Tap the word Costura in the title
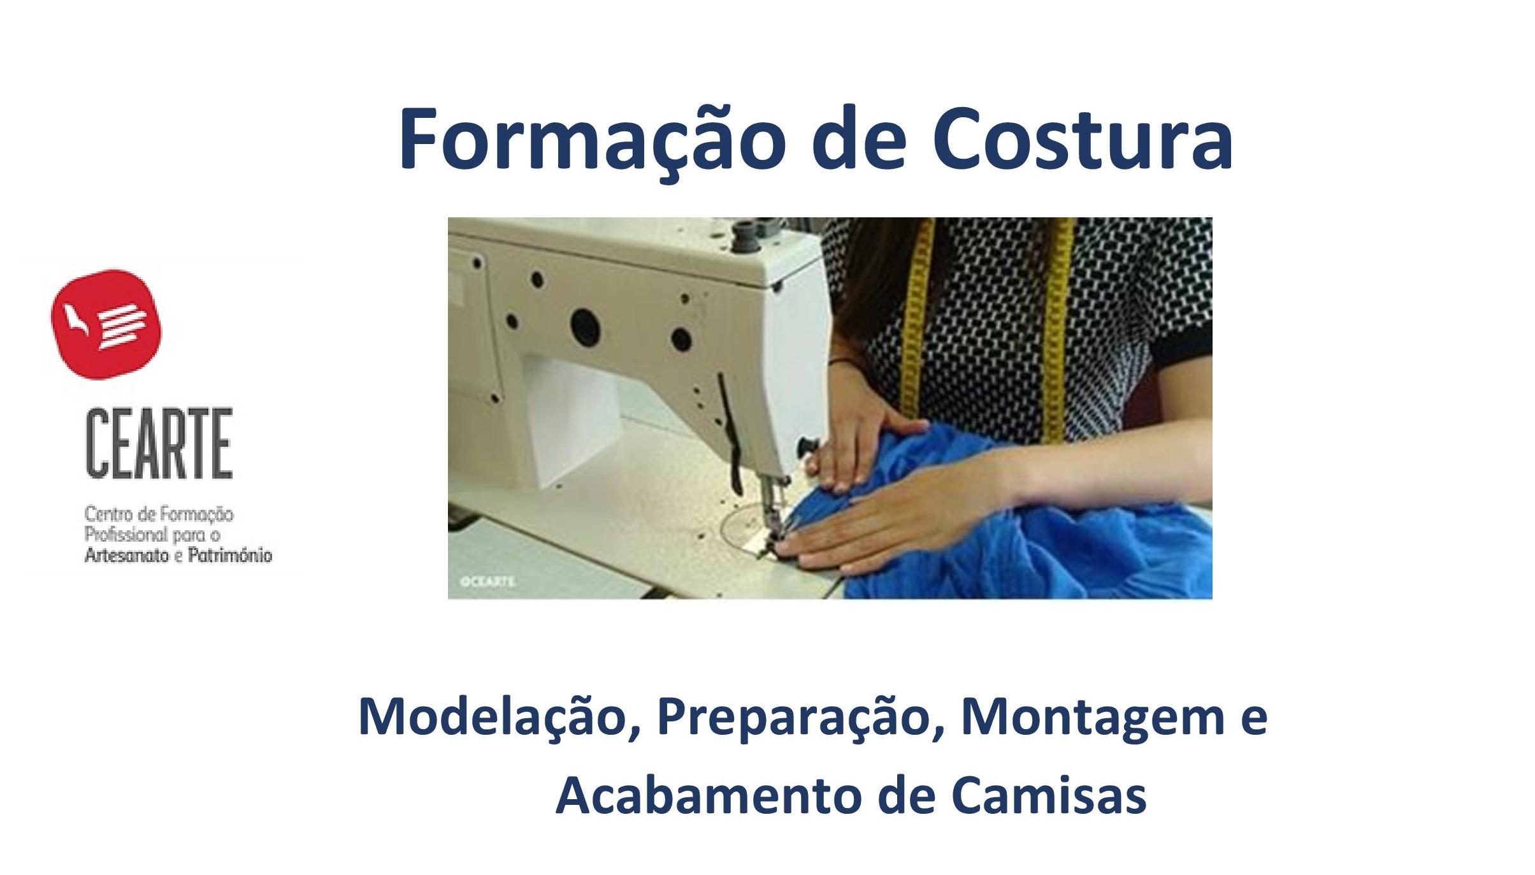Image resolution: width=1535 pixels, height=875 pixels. [1083, 139]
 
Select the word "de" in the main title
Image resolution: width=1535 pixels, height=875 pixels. [859, 139]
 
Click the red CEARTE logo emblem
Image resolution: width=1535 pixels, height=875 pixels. [106, 324]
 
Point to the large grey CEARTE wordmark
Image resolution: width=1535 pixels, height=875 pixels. [159, 444]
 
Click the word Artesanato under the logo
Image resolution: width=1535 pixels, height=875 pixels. [126, 555]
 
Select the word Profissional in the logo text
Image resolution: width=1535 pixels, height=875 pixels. [125, 534]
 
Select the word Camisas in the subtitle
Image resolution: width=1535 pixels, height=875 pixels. [1049, 796]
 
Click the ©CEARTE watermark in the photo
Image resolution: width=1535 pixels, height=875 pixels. [487, 582]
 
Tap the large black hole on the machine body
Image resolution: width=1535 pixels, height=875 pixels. [586, 326]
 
